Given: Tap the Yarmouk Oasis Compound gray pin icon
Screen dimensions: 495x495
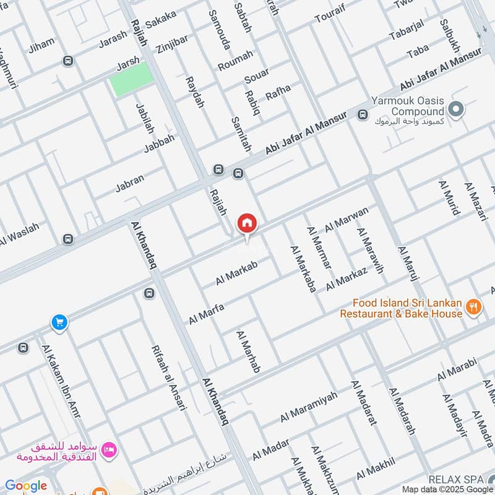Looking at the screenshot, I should click(x=456, y=111).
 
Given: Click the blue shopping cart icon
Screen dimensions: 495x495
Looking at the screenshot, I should click(x=59, y=322).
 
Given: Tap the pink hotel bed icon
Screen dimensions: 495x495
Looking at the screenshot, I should click(x=110, y=450).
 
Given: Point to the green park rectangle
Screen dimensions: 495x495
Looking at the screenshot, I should click(x=131, y=79).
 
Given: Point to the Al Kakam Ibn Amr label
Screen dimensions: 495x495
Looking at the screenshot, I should click(x=60, y=381).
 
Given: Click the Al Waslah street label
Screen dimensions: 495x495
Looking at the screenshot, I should click(x=20, y=233).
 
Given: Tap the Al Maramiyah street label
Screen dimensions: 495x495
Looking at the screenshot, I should click(x=309, y=407).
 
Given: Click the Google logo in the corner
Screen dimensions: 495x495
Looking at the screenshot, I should click(x=26, y=486).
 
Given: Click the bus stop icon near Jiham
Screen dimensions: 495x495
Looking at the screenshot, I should click(x=67, y=61).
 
